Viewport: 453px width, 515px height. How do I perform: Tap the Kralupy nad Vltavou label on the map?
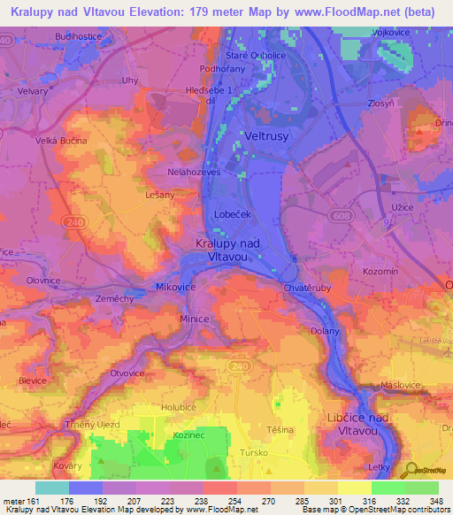tap(226, 249)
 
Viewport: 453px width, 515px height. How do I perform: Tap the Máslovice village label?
tap(398, 385)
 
